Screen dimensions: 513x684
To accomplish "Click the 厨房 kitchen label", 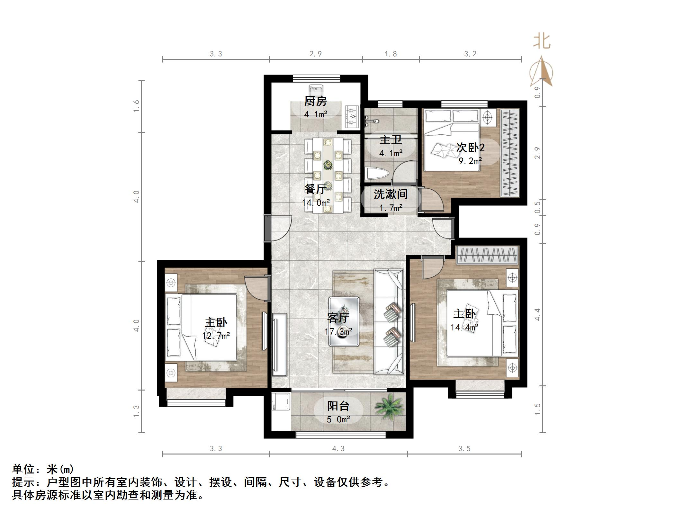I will [315, 101].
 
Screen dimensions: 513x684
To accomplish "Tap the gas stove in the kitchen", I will [352, 116].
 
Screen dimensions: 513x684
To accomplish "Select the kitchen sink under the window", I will [316, 91].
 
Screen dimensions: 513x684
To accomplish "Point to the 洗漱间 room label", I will [391, 194].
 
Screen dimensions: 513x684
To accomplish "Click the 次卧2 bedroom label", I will [470, 148].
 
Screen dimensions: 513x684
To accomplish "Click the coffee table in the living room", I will [344, 321].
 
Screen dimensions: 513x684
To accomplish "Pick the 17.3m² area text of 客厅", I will [338, 331].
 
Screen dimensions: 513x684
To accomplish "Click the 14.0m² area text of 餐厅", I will [316, 203].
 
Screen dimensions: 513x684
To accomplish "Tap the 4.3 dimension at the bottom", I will [338, 449].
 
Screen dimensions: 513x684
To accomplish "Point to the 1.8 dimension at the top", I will [391, 54].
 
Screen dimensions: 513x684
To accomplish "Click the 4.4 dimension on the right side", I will [537, 314].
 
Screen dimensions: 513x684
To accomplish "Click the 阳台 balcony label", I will [338, 406].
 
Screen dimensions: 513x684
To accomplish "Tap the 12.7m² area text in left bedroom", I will [216, 336].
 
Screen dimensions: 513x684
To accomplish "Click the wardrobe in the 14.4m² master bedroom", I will [487, 255].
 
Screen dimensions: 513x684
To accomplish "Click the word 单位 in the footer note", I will [23, 470].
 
